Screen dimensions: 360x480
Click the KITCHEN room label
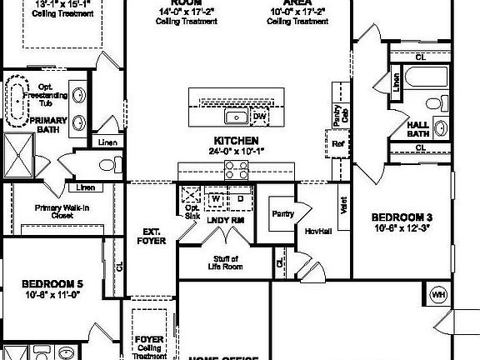(x=236, y=141)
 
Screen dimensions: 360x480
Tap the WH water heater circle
(x=438, y=294)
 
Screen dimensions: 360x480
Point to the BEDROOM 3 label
(x=401, y=218)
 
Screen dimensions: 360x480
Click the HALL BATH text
(x=417, y=128)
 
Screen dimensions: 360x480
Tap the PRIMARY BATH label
(x=32, y=124)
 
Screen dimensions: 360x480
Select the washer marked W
(x=214, y=200)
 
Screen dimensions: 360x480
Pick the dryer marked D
(x=240, y=200)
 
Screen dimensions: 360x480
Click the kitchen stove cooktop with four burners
(x=236, y=171)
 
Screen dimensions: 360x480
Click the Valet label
(x=343, y=202)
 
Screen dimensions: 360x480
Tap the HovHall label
(x=319, y=230)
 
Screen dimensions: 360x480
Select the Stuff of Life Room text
(x=223, y=262)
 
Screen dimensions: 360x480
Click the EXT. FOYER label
(x=152, y=236)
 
